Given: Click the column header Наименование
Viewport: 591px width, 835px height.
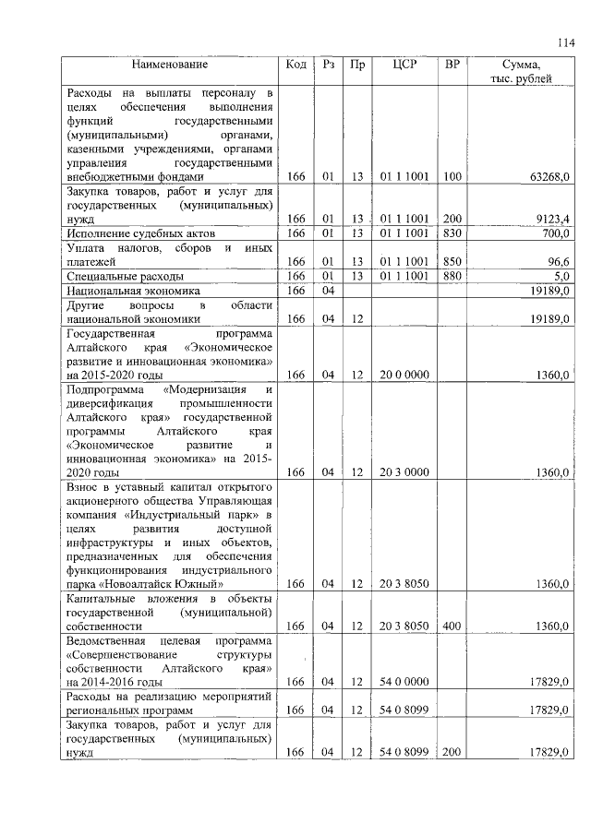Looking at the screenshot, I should pyautogui.click(x=169, y=66).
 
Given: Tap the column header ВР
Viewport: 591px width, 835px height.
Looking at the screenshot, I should pyautogui.click(x=452, y=66).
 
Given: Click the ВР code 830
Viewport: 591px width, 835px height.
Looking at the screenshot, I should pyautogui.click(x=452, y=234).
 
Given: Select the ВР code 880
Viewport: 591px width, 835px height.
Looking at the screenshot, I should pyautogui.click(x=452, y=276).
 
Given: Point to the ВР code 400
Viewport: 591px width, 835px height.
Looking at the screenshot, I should pyautogui.click(x=452, y=626).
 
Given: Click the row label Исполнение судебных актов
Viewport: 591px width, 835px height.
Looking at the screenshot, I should pyautogui.click(x=128, y=234).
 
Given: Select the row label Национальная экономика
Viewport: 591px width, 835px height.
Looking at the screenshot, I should pyautogui.click(x=133, y=290).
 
